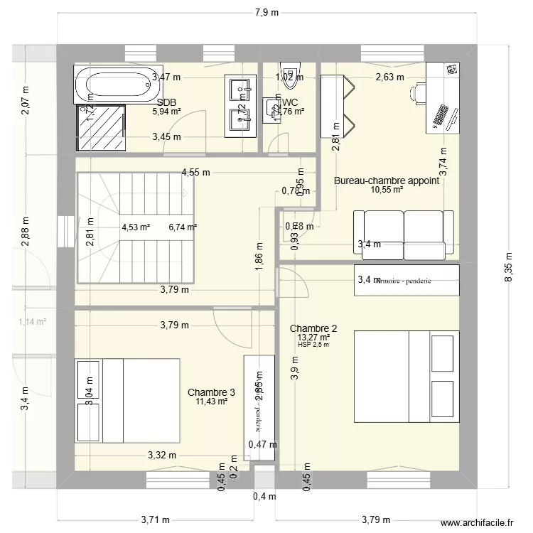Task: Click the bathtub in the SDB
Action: pos(114,85)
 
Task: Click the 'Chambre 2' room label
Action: pos(313,328)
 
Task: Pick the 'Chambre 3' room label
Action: pos(211,392)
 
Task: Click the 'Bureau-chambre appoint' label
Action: pos(387,181)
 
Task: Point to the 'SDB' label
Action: pos(167,102)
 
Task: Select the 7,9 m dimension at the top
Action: pos(266,12)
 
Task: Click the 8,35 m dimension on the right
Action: pos(507,269)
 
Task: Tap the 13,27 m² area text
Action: pos(313,338)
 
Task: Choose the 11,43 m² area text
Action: pos(211,402)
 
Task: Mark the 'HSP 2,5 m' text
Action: pos(313,345)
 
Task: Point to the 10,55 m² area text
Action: pos(387,190)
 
